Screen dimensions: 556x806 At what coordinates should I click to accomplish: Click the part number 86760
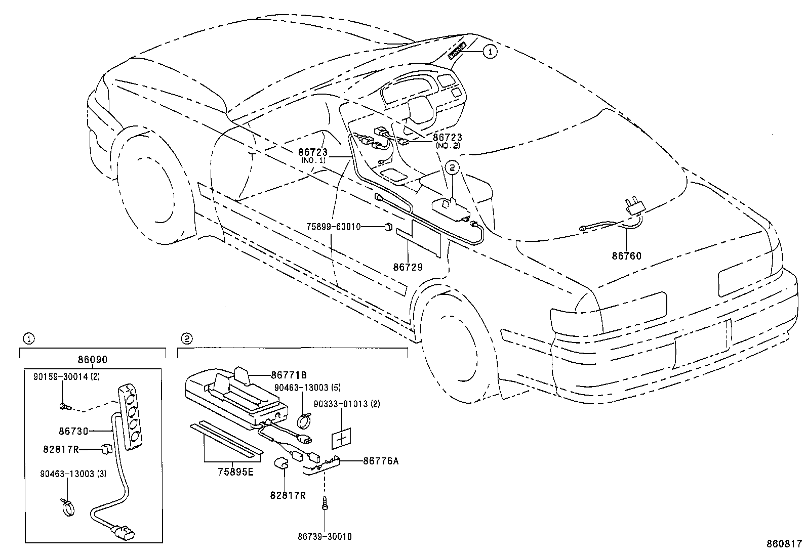click(x=626, y=256)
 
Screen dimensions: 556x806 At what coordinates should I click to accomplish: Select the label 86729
click(x=408, y=267)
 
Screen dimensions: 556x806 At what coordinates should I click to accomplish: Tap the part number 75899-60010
click(x=333, y=227)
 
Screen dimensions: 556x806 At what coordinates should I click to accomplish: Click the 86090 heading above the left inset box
click(x=93, y=360)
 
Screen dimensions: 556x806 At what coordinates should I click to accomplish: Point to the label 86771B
click(x=289, y=375)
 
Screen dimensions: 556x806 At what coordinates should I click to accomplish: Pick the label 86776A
click(x=381, y=461)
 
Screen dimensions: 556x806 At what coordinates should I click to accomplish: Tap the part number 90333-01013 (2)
click(x=347, y=404)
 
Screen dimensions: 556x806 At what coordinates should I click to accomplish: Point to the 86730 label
click(x=73, y=431)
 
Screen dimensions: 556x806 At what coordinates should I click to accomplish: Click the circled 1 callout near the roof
click(x=490, y=51)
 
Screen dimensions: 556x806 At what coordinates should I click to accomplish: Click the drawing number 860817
click(x=783, y=544)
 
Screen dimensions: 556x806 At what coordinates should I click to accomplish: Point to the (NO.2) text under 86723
click(x=448, y=145)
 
